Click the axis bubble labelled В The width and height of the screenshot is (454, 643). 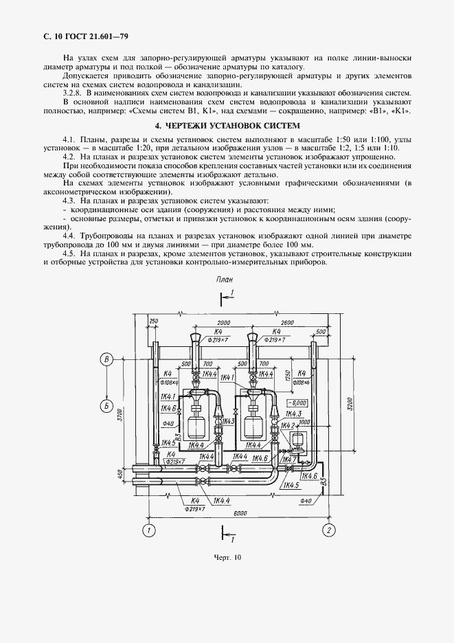tap(106, 359)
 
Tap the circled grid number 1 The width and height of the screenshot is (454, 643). tap(148, 530)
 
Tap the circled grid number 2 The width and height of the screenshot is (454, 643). tap(329, 530)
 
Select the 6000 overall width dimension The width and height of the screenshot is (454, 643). tap(240, 513)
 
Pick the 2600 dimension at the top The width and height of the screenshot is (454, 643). tap(288, 323)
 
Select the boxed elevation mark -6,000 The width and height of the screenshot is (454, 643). tap(298, 403)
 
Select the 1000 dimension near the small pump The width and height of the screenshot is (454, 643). tap(305, 422)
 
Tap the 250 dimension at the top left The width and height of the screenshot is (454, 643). tap(152, 322)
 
